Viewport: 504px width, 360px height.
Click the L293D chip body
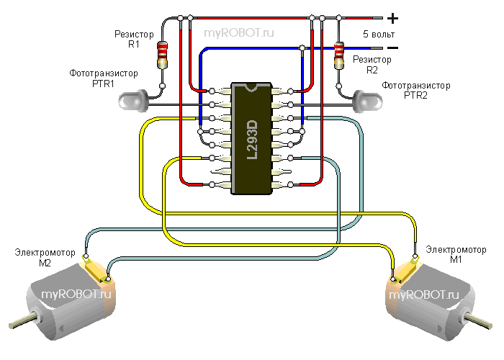[x=251, y=137]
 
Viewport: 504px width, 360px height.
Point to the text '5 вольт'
[x=378, y=34]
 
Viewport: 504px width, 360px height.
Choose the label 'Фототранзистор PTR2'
[x=416, y=89]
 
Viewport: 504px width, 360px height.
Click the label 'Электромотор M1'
[x=455, y=254]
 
